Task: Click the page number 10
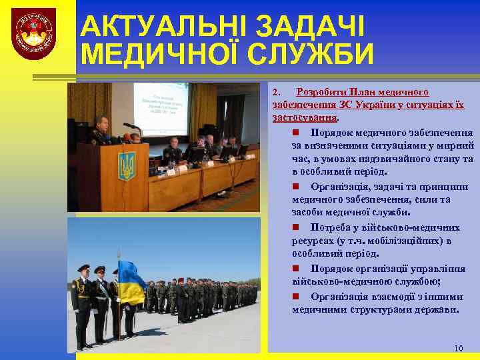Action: [x=458, y=348]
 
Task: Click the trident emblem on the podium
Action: [x=126, y=165]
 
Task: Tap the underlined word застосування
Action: [x=305, y=117]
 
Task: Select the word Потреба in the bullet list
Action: [x=330, y=227]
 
